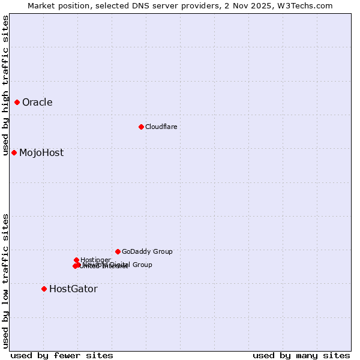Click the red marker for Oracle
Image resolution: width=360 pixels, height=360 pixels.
pyautogui.click(x=17, y=102)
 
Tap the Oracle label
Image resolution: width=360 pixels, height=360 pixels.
pyautogui.click(x=37, y=102)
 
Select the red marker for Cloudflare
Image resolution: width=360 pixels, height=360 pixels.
pyautogui.click(x=141, y=127)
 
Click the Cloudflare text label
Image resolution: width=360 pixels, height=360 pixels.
pyautogui.click(x=161, y=127)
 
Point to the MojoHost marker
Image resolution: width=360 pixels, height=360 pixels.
pyautogui.click(x=14, y=152)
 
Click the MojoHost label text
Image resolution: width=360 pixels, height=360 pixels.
pyautogui.click(x=41, y=152)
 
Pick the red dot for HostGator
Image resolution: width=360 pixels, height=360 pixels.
pyautogui.click(x=44, y=289)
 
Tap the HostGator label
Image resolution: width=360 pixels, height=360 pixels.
pyautogui.click(x=73, y=289)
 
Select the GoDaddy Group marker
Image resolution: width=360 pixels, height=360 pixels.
pyautogui.click(x=118, y=251)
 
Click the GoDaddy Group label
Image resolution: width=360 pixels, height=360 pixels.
pyautogui.click(x=147, y=251)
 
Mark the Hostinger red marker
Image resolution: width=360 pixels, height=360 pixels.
pyautogui.click(x=76, y=260)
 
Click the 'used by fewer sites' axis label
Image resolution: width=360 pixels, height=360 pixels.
pyautogui.click(x=62, y=355)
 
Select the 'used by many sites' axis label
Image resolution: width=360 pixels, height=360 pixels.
pyautogui.click(x=301, y=355)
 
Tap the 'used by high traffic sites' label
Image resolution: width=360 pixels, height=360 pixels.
pyautogui.click(x=5, y=85)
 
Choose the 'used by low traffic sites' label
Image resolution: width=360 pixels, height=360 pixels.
pyautogui.click(x=5, y=281)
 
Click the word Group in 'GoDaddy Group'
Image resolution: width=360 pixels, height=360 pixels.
pyautogui.click(x=161, y=251)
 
